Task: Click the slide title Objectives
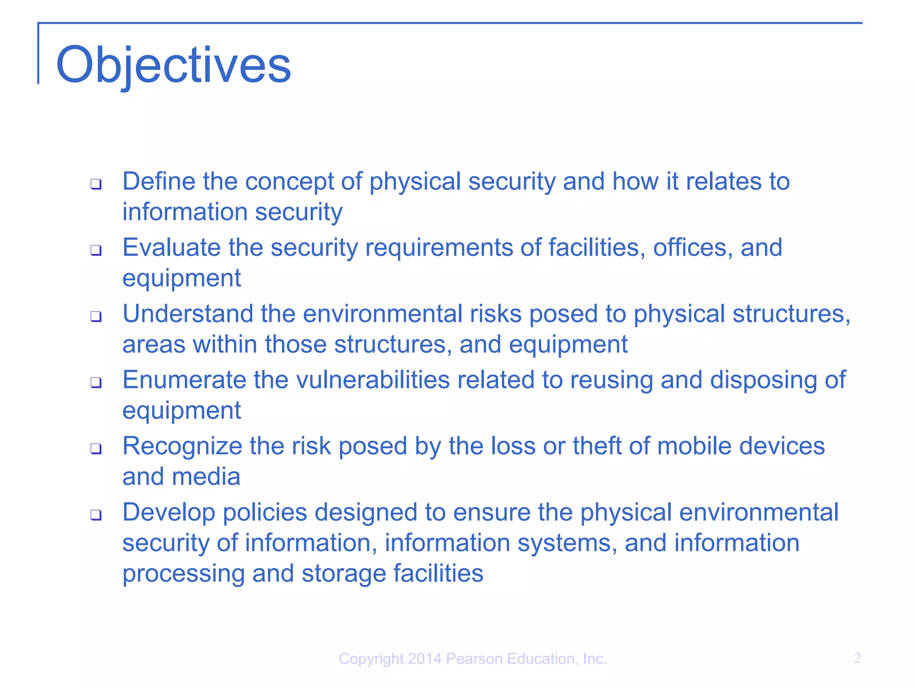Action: point(174,65)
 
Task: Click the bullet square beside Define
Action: point(96,184)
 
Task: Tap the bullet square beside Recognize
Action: point(96,449)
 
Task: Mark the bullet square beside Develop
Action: point(96,515)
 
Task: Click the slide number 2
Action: point(857,658)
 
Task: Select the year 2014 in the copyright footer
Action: point(424,659)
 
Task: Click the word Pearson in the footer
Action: point(475,659)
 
